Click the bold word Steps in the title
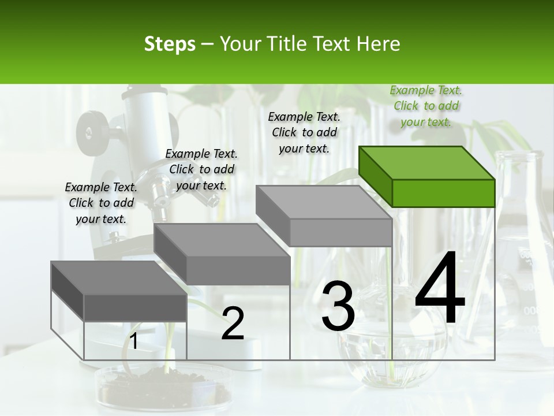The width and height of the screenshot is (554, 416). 170,44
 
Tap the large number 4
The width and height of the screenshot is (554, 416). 440,289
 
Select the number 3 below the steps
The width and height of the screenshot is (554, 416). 338,307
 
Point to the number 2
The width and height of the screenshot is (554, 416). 233,324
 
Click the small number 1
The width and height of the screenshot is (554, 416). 133,341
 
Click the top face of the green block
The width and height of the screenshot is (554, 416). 426,162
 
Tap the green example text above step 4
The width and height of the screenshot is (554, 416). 426,106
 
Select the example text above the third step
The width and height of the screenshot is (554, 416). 304,132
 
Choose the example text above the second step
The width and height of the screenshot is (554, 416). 201,169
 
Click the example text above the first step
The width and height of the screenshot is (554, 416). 101,203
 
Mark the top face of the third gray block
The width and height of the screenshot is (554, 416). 323,202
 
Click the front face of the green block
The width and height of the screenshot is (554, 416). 443,193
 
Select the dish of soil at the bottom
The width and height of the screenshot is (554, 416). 164,387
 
